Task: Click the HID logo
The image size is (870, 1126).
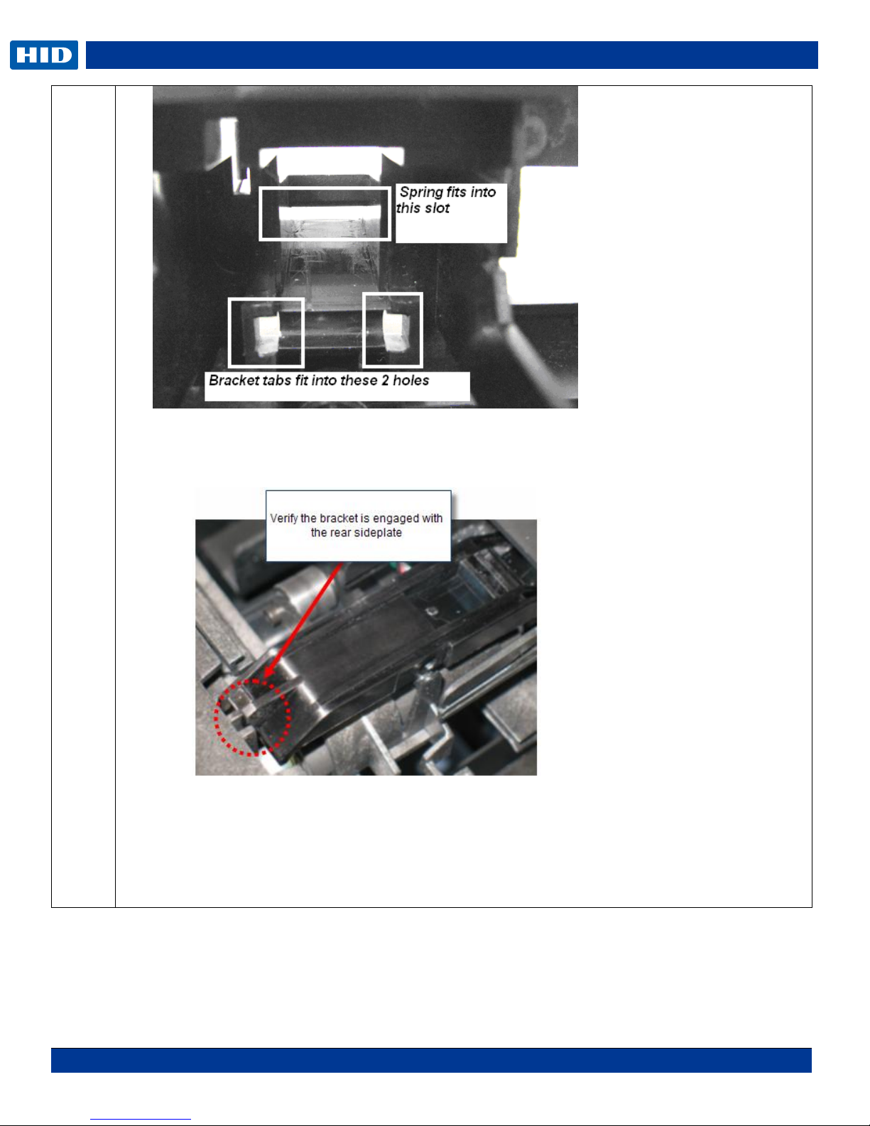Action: tap(44, 55)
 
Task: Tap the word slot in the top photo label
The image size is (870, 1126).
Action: tap(437, 208)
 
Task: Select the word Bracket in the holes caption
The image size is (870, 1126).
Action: tap(234, 380)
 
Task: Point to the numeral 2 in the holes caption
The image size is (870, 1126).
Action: tap(385, 380)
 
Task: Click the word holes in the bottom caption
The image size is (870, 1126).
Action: tap(410, 380)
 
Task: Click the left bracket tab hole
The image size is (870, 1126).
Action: tap(266, 332)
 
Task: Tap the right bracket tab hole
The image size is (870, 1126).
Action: tap(393, 330)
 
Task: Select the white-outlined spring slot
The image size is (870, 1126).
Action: tap(325, 214)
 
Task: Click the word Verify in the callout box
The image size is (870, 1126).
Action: tap(284, 518)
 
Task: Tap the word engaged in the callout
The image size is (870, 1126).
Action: tap(396, 519)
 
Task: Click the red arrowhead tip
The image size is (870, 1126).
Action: tap(265, 677)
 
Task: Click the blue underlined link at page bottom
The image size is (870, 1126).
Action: tap(141, 1119)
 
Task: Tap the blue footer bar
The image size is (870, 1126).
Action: tap(431, 1060)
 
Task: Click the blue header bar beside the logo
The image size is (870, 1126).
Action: tap(452, 55)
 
